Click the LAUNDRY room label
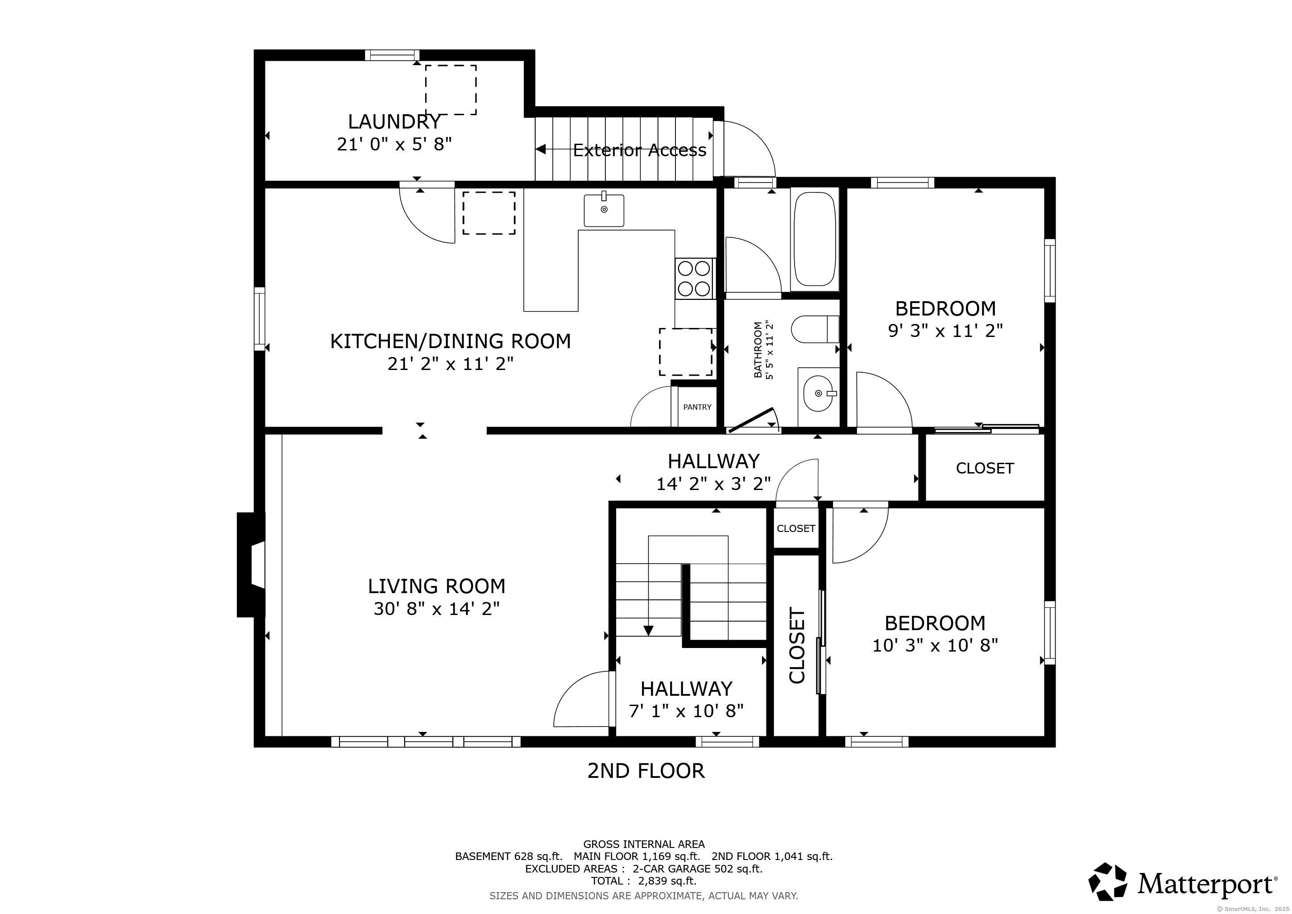394,121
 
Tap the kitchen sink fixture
604,210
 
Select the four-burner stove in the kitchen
694,278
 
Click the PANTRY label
697,407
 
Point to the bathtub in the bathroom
814,239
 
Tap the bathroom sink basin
819,393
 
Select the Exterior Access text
640,150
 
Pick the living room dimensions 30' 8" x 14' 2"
437,609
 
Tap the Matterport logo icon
1107,882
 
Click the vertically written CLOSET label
797,645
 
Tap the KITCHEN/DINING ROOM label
450,341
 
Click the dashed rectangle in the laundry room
451,90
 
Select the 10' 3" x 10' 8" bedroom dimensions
935,645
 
